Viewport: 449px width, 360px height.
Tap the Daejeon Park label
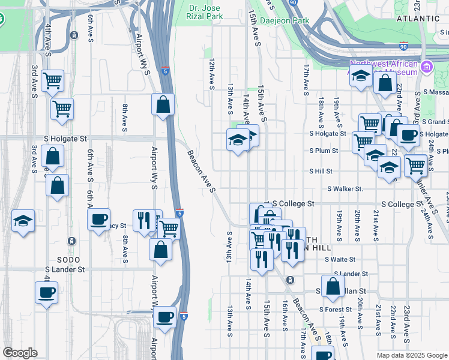tap(288, 20)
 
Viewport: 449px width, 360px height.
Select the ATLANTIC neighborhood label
tap(418, 19)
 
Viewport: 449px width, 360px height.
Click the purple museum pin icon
tap(427, 65)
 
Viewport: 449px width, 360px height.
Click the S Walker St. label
tap(345, 189)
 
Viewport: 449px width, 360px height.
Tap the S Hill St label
tap(321, 171)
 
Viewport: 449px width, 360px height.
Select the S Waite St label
tap(340, 260)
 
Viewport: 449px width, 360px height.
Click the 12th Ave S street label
tap(212, 74)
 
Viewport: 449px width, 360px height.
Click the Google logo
tap(20, 353)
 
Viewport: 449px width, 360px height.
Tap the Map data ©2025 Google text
tap(412, 355)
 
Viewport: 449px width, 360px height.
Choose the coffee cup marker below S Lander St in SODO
tap(46, 293)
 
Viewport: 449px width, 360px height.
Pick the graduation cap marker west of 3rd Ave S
tap(23, 221)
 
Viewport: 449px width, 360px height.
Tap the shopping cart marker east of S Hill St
tap(415, 164)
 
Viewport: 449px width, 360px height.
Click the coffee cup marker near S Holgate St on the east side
tap(408, 135)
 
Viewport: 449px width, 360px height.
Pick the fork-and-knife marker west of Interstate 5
tap(143, 220)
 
